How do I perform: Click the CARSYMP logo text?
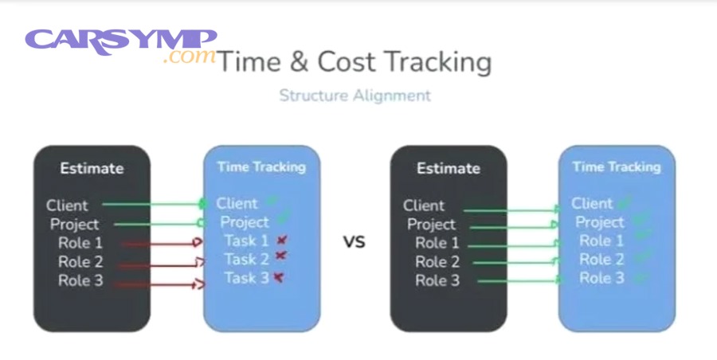coord(121,41)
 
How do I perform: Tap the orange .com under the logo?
coord(190,57)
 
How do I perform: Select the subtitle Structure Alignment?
coord(355,96)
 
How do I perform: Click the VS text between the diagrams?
coord(355,241)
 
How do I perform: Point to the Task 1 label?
coord(246,241)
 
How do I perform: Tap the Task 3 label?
coord(246,278)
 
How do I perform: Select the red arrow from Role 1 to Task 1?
coord(162,244)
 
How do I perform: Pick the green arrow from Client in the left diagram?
coord(154,204)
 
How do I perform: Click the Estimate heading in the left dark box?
coord(92,168)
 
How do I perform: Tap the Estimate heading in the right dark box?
coord(449,168)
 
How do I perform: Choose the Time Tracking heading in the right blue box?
coord(617,167)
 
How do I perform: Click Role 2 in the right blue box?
coord(601,260)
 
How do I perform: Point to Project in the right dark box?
coord(431,225)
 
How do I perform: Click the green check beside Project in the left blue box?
coord(284,217)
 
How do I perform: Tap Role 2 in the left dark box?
coord(80,262)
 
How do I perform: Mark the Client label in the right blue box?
coord(592,203)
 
